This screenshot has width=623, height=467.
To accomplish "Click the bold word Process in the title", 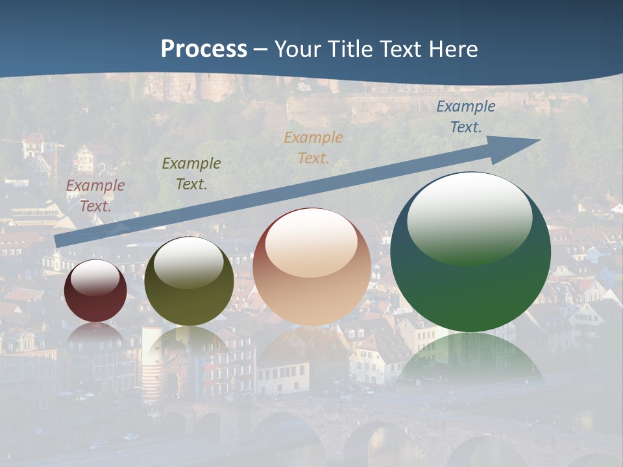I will [204, 49].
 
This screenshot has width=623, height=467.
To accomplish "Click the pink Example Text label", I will [95, 195].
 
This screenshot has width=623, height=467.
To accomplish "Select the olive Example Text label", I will [191, 173].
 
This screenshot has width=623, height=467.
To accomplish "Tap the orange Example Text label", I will [313, 147].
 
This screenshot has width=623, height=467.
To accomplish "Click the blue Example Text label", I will [466, 116].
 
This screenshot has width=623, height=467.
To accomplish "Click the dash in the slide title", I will [260, 50].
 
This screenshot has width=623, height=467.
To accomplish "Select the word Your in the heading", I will [297, 49].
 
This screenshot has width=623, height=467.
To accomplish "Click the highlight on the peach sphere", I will [311, 243].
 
